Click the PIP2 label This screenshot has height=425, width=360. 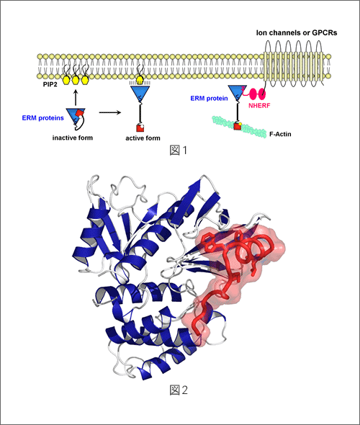[50, 84]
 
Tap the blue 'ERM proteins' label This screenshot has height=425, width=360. [42, 118]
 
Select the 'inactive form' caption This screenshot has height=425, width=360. [73, 138]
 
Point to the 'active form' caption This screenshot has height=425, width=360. [143, 138]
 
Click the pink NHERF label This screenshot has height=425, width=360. [259, 105]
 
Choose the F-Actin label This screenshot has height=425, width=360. [280, 134]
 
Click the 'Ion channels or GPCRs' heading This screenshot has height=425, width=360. [297, 33]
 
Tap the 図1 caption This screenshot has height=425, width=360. [179, 150]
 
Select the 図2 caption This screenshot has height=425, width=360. [179, 390]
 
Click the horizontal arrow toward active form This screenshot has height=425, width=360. [110, 112]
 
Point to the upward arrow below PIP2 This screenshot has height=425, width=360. [76, 97]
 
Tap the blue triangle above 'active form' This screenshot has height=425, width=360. [140, 92]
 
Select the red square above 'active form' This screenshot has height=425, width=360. [140, 128]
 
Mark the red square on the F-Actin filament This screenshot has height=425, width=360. [238, 126]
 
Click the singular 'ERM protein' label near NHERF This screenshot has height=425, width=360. [209, 98]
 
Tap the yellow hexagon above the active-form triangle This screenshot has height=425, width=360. [140, 80]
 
